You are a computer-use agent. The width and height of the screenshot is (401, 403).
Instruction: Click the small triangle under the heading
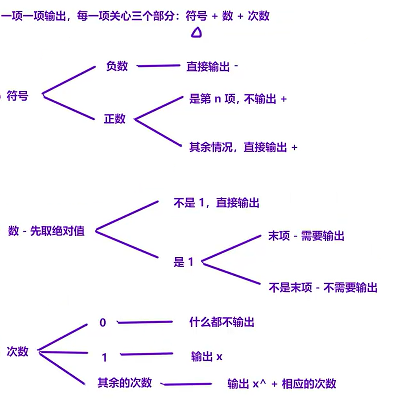pos(196,33)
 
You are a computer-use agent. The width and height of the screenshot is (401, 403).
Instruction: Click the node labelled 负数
pos(117,66)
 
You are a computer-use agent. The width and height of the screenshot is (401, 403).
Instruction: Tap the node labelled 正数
pos(114,119)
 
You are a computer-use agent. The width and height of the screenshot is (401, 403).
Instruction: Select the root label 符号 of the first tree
pos(18,96)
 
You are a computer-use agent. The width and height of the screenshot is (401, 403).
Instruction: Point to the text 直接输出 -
pos(212,66)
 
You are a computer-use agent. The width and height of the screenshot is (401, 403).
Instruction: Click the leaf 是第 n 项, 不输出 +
pos(238,99)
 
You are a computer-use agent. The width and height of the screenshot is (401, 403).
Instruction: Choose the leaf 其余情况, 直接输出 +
pos(243,147)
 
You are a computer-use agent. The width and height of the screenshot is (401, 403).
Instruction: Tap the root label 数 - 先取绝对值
pos(46,231)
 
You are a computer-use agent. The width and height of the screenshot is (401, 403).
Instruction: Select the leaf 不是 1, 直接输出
pos(216,203)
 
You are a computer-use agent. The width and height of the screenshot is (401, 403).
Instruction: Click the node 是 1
pos(183,262)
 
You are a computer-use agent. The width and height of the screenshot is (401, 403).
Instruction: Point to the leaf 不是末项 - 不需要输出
pos(323,288)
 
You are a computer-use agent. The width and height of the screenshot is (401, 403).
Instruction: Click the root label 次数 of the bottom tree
pos(18,351)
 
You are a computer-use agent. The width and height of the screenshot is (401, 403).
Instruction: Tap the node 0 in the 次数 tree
pos(103,323)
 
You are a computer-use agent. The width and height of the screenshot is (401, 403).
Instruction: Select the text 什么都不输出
pos(222,322)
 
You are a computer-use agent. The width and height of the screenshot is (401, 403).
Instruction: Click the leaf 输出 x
pos(207,357)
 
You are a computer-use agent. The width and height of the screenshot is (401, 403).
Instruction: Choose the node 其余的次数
pos(125,383)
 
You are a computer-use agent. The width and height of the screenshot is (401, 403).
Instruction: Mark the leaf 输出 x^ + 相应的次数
pos(281,383)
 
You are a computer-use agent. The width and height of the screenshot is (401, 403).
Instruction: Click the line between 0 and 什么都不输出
pos(145,322)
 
